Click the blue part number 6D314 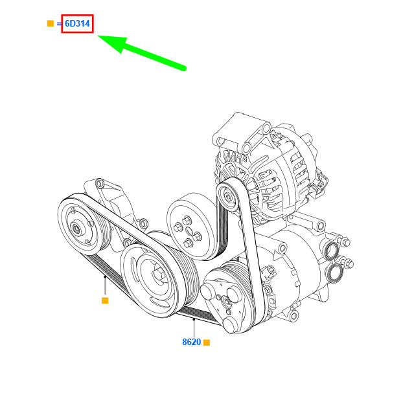77,23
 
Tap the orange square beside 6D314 51,23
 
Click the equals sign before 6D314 59,24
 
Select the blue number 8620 192,342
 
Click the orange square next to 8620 207,342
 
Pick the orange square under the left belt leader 105,300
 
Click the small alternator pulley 227,195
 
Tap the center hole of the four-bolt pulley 189,231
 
